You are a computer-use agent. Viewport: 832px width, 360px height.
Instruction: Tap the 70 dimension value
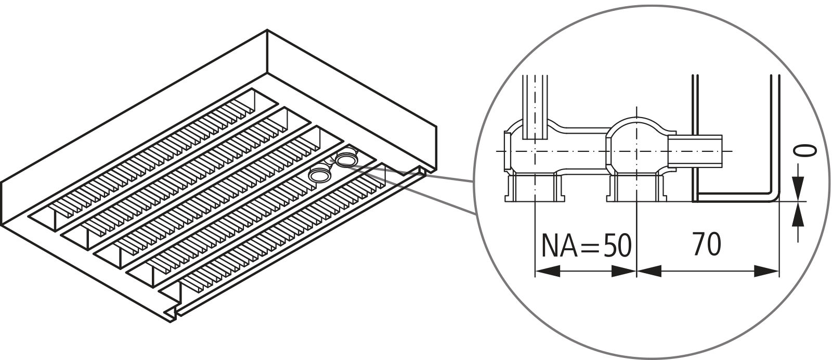coord(707,245)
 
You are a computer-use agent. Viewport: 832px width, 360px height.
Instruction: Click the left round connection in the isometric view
coord(319,175)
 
